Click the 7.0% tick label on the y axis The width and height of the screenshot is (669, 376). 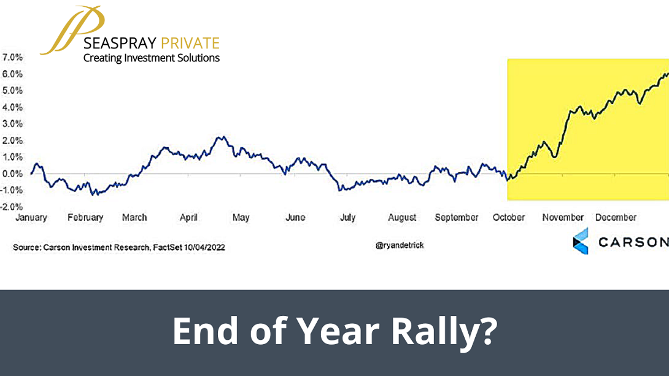pos(12,58)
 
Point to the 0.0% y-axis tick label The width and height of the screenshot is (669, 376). pos(12,174)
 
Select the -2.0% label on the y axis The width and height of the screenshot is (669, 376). pos(12,207)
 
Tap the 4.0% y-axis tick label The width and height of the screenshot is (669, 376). pos(12,107)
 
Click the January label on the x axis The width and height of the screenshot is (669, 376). pos(31,218)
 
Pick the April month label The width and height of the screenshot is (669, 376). pos(188,218)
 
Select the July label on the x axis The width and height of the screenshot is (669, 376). pos(348,218)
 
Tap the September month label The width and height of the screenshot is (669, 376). pos(457,218)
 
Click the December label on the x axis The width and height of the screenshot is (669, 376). pos(616,218)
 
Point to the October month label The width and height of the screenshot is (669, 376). pos(509,218)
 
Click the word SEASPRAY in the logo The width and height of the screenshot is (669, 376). pos(120,44)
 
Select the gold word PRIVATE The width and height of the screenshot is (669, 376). pos(190,44)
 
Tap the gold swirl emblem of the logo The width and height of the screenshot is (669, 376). pos(72,30)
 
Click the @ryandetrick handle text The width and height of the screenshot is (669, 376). pos(400,245)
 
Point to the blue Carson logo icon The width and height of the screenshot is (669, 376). pos(581,241)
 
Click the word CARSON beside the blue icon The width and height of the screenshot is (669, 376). pos(633,242)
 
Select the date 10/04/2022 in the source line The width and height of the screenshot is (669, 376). pos(204,248)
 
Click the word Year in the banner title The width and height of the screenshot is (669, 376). pos(338,331)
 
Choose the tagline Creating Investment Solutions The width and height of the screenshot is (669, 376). pos(152,58)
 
